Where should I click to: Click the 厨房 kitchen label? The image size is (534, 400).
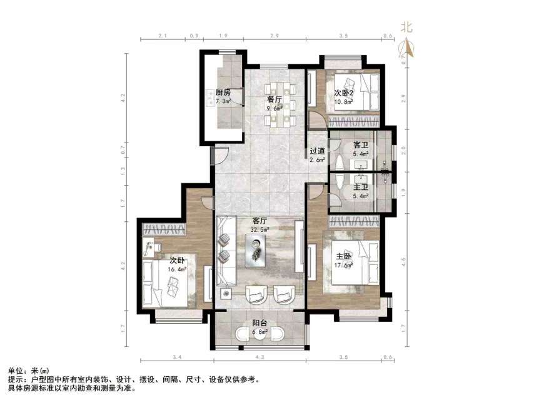tap(223, 92)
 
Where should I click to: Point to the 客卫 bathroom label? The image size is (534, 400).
tap(361, 144)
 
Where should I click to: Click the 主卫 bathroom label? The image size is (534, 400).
tap(361, 187)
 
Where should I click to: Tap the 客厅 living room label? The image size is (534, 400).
tap(260, 221)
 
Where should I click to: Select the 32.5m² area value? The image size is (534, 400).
tap(260, 230)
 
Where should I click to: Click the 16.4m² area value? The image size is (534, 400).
tap(176, 269)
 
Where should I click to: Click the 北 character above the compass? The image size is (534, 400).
tap(407, 27)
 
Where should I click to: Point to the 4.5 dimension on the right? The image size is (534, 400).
tap(404, 262)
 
